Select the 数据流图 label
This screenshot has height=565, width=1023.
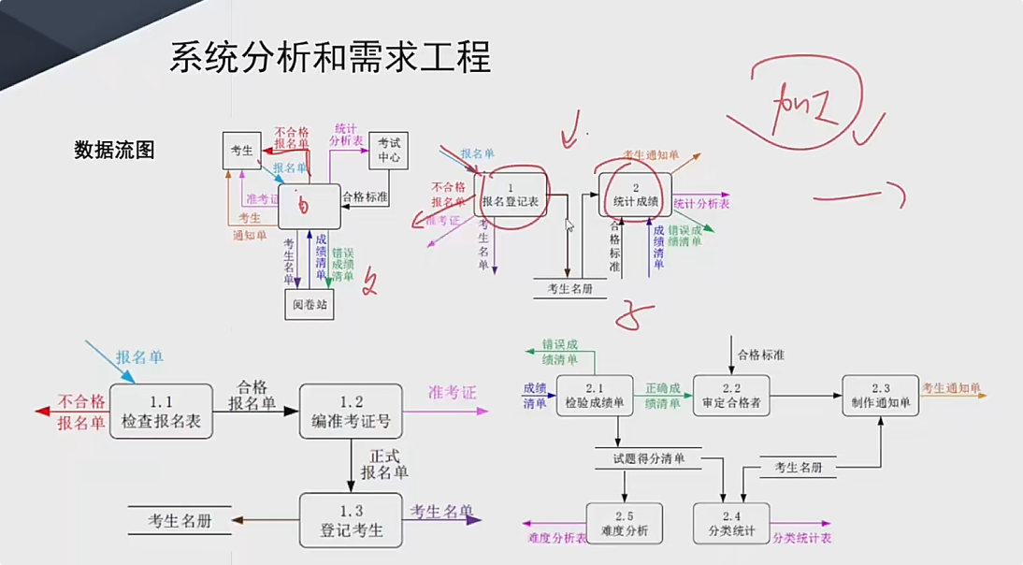(x=114, y=150)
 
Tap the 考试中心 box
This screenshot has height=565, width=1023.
(x=389, y=150)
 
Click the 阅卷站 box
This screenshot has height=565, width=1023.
(x=309, y=303)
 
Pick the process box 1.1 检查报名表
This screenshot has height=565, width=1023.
(x=161, y=412)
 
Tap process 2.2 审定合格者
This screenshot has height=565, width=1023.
(x=731, y=396)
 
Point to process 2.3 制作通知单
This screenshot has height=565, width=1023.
(x=879, y=396)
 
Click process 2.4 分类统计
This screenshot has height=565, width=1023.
(x=731, y=525)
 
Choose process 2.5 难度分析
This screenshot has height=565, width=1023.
(x=624, y=525)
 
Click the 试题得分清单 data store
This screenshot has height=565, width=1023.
(x=649, y=459)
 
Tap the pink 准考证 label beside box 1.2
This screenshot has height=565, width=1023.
(x=452, y=393)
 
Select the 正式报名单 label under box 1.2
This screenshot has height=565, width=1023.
(x=384, y=464)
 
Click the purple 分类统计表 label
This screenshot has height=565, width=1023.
(x=801, y=538)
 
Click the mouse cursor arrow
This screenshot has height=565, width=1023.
(x=569, y=225)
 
